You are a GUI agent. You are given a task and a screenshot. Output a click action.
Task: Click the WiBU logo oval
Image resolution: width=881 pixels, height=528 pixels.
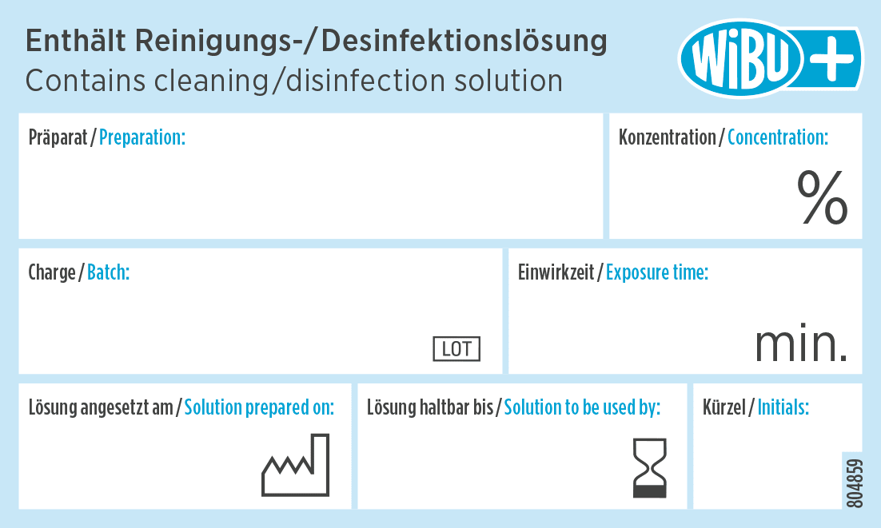click(739, 58)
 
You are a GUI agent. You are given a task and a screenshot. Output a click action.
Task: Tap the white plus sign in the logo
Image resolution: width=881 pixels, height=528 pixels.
click(834, 58)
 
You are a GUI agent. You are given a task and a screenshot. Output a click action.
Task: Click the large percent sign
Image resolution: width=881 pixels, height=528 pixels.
click(823, 198)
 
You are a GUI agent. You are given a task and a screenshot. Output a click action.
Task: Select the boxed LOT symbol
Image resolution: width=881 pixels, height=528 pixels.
click(456, 349)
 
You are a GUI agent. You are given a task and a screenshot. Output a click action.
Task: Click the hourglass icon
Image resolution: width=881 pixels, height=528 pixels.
click(649, 467)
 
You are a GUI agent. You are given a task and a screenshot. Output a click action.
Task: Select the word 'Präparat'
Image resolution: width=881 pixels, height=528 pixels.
click(58, 137)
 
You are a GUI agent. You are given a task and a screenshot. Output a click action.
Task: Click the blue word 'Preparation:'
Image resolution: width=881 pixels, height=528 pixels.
click(142, 137)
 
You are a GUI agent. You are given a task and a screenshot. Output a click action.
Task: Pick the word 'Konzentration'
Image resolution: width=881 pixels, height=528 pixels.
click(668, 137)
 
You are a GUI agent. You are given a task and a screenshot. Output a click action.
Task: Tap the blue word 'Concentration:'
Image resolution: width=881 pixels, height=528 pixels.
click(778, 137)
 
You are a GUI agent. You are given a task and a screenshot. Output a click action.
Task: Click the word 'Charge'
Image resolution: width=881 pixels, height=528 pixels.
click(51, 272)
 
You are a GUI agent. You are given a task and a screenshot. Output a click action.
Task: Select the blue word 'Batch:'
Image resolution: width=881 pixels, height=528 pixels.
click(108, 272)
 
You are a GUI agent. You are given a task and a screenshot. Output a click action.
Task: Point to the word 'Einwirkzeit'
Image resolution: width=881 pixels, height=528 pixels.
click(556, 272)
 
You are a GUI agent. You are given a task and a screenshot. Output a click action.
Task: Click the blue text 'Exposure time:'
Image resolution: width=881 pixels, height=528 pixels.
click(657, 272)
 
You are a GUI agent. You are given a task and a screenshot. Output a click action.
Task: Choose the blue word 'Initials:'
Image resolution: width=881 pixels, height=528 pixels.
click(783, 407)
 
